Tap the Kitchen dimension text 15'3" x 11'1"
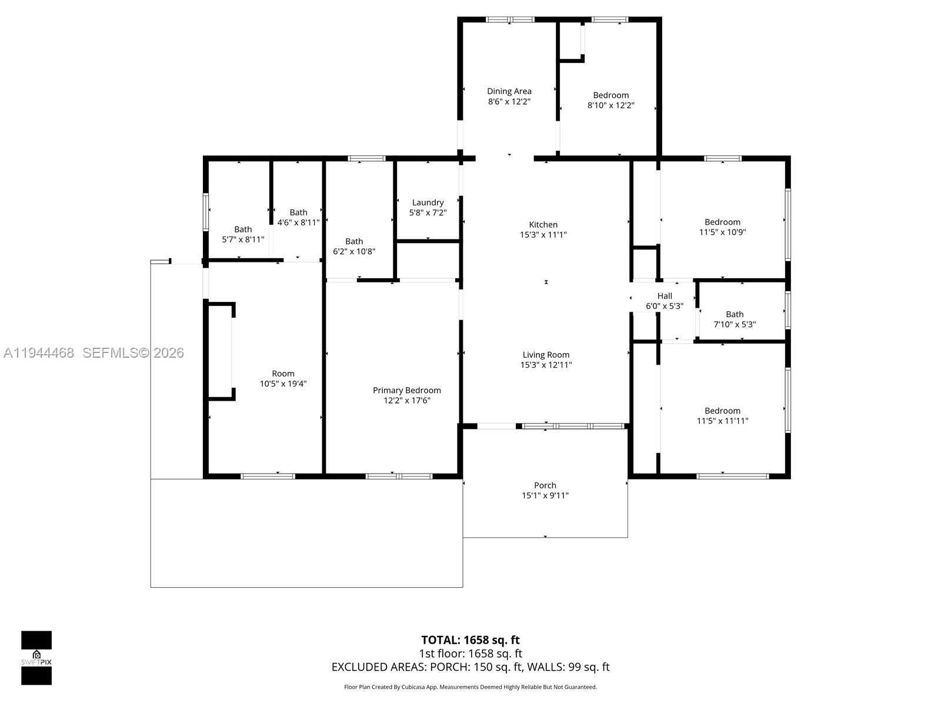pyautogui.click(x=543, y=235)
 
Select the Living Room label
pyautogui.click(x=546, y=355)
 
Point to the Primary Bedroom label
pyautogui.click(x=406, y=391)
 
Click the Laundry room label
pyautogui.click(x=428, y=202)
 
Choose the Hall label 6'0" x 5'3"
pyautogui.click(x=665, y=301)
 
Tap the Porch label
pyautogui.click(x=545, y=485)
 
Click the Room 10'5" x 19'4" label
pyautogui.click(x=283, y=378)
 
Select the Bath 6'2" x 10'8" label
pyautogui.click(x=354, y=246)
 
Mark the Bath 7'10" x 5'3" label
pyautogui.click(x=735, y=319)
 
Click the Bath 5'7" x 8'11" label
pyautogui.click(x=243, y=234)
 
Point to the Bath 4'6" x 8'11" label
pyautogui.click(x=298, y=217)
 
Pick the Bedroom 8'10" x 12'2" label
pyautogui.click(x=610, y=100)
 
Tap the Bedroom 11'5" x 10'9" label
pyautogui.click(x=722, y=227)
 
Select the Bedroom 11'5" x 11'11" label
pyautogui.click(x=722, y=415)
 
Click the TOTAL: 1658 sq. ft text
pyautogui.click(x=470, y=640)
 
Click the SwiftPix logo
pyautogui.click(x=36, y=658)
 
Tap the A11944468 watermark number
pyautogui.click(x=39, y=353)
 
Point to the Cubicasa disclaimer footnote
pyautogui.click(x=470, y=687)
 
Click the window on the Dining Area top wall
pyautogui.click(x=510, y=20)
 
